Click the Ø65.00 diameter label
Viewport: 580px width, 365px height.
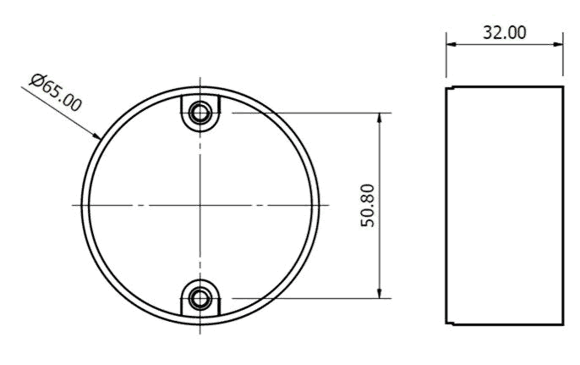(x=56, y=92)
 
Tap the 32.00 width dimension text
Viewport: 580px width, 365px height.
(x=505, y=32)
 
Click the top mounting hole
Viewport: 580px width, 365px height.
(x=200, y=113)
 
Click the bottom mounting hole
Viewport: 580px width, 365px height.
(x=200, y=297)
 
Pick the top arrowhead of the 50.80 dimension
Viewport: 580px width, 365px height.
(x=382, y=117)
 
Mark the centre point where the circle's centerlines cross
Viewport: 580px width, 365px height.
(x=200, y=205)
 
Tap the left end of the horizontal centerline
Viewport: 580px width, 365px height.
(x=73, y=205)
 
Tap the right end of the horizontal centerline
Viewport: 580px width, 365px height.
(x=328, y=205)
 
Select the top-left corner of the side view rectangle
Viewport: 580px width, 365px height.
(x=447, y=86)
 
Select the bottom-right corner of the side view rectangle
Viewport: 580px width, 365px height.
(x=563, y=324)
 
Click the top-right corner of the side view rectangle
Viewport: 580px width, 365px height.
(x=563, y=86)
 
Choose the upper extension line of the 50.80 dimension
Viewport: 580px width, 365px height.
(x=304, y=113)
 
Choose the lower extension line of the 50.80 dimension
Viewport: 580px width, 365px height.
(x=304, y=297)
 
